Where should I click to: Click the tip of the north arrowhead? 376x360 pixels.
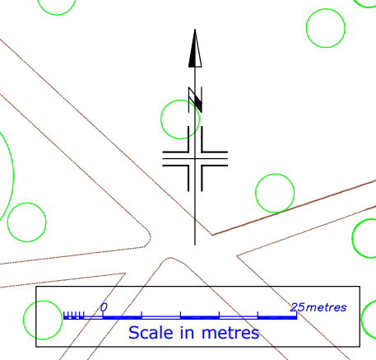[195, 29]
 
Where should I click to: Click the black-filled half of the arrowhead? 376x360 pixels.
[193, 56]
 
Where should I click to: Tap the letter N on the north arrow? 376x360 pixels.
[195, 100]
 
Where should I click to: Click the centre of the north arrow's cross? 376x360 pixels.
[195, 159]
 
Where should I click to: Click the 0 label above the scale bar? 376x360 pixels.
[104, 307]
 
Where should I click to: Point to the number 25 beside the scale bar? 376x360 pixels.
[297, 307]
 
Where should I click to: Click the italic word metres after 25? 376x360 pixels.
[326, 308]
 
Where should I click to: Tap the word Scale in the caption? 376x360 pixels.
[151, 333]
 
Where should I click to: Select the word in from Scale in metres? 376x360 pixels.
[187, 333]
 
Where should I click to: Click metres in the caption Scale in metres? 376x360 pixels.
[230, 333]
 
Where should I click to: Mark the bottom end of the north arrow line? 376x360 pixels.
[195, 245]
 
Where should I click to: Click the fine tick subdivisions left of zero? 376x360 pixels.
[73, 316]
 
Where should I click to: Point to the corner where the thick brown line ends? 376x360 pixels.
[212, 235]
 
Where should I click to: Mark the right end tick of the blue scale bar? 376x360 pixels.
[296, 316]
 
